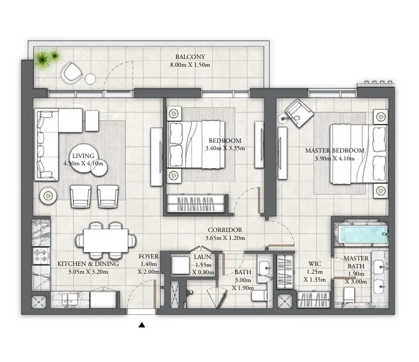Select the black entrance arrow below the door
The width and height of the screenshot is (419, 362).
pyautogui.click(x=142, y=324)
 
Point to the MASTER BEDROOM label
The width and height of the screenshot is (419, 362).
pyautogui.click(x=335, y=151)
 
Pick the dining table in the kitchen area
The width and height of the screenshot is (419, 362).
pyautogui.click(x=105, y=240)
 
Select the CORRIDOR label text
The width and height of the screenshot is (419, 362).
pyautogui.click(x=224, y=230)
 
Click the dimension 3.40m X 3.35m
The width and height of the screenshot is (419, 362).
pyautogui.click(x=224, y=148)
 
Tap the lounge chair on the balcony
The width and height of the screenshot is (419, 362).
pyautogui.click(x=72, y=73)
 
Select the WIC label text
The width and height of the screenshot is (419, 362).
pyautogui.click(x=314, y=263)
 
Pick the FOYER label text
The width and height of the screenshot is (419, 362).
pyautogui.click(x=148, y=256)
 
